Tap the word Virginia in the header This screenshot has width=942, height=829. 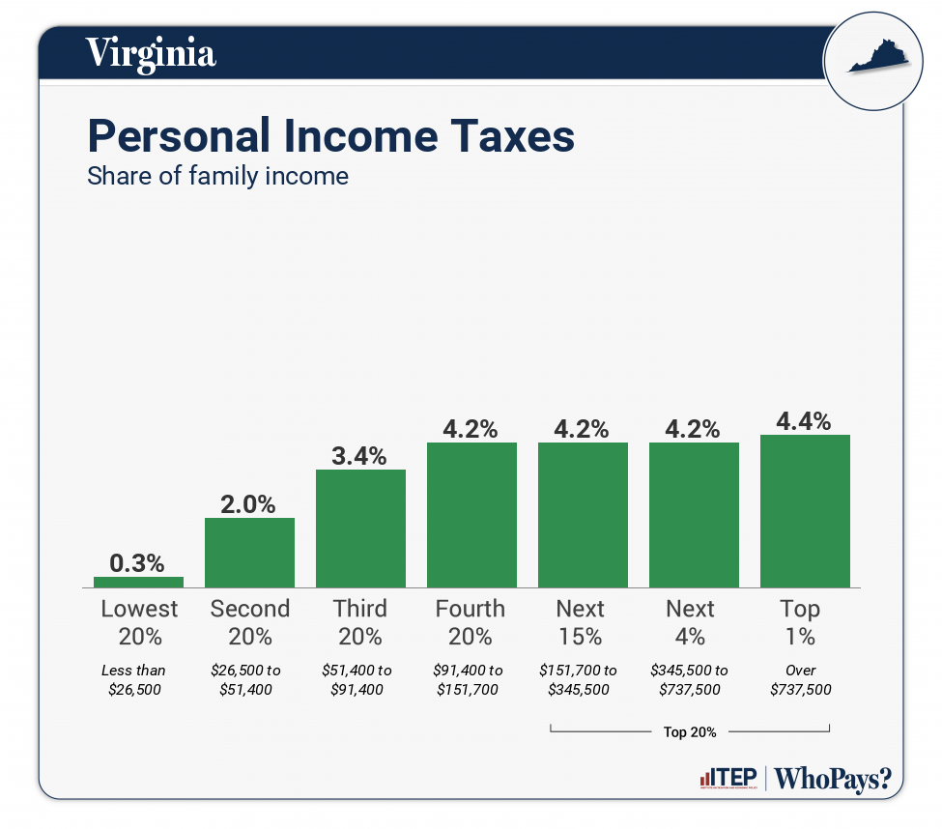[x=151, y=52]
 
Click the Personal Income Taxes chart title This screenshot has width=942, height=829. [x=330, y=136]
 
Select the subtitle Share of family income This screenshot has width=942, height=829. [x=217, y=177]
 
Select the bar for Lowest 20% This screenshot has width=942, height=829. [x=138, y=582]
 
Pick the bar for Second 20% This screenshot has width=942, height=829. [x=249, y=553]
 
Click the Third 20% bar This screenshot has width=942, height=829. [x=360, y=529]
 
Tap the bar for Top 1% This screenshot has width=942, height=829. [x=805, y=511]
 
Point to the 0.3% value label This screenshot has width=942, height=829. [x=138, y=562]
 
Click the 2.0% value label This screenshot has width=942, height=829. [x=249, y=503]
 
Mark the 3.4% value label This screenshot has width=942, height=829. [x=360, y=455]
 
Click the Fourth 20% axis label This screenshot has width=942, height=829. [x=471, y=622]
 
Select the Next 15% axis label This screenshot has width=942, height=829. [x=581, y=622]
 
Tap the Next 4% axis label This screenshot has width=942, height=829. [x=691, y=622]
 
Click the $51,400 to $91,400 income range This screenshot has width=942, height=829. [x=358, y=679]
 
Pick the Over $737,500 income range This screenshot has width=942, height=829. [x=801, y=679]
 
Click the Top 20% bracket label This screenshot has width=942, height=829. [x=690, y=731]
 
